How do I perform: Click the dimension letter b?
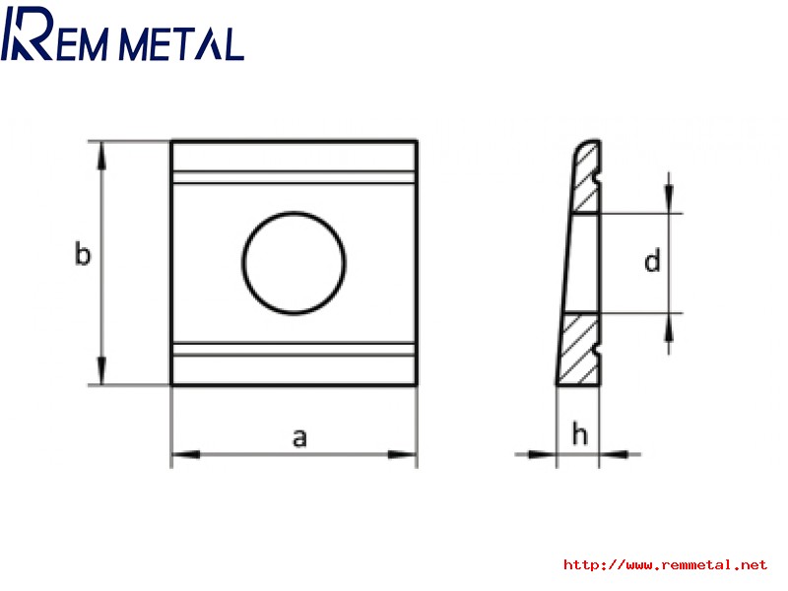[83, 253]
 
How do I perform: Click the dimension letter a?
[299, 437]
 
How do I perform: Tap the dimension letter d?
[652, 261]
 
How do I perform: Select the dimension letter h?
[579, 433]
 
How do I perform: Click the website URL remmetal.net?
[665, 564]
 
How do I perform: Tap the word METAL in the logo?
[181, 44]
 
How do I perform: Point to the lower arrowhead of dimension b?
[102, 371]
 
